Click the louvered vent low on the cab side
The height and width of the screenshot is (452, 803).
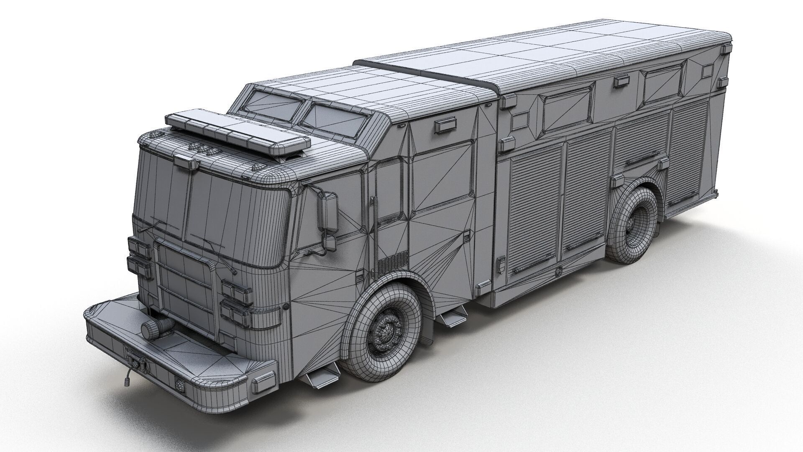392,261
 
